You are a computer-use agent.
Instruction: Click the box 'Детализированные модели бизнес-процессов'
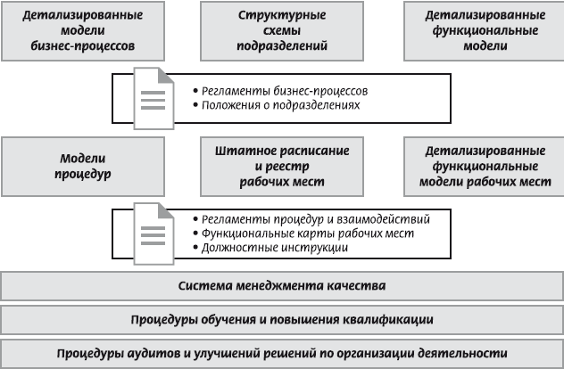coord(82,31)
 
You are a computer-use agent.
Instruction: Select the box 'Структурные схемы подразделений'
coord(280,31)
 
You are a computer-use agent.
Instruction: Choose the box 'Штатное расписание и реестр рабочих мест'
coord(280,165)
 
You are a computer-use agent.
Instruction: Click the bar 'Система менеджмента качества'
coord(282,286)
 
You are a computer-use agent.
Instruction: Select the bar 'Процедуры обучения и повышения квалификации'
coord(282,319)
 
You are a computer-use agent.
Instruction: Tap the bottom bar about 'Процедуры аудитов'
coord(282,352)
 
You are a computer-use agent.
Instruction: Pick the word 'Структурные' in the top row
coord(280,16)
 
